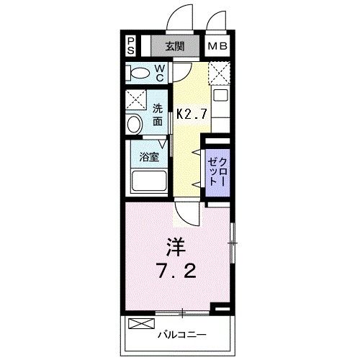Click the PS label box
(x=131, y=47)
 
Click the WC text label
(x=161, y=72)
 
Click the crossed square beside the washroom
(x=135, y=99)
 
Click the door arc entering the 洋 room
(x=185, y=214)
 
